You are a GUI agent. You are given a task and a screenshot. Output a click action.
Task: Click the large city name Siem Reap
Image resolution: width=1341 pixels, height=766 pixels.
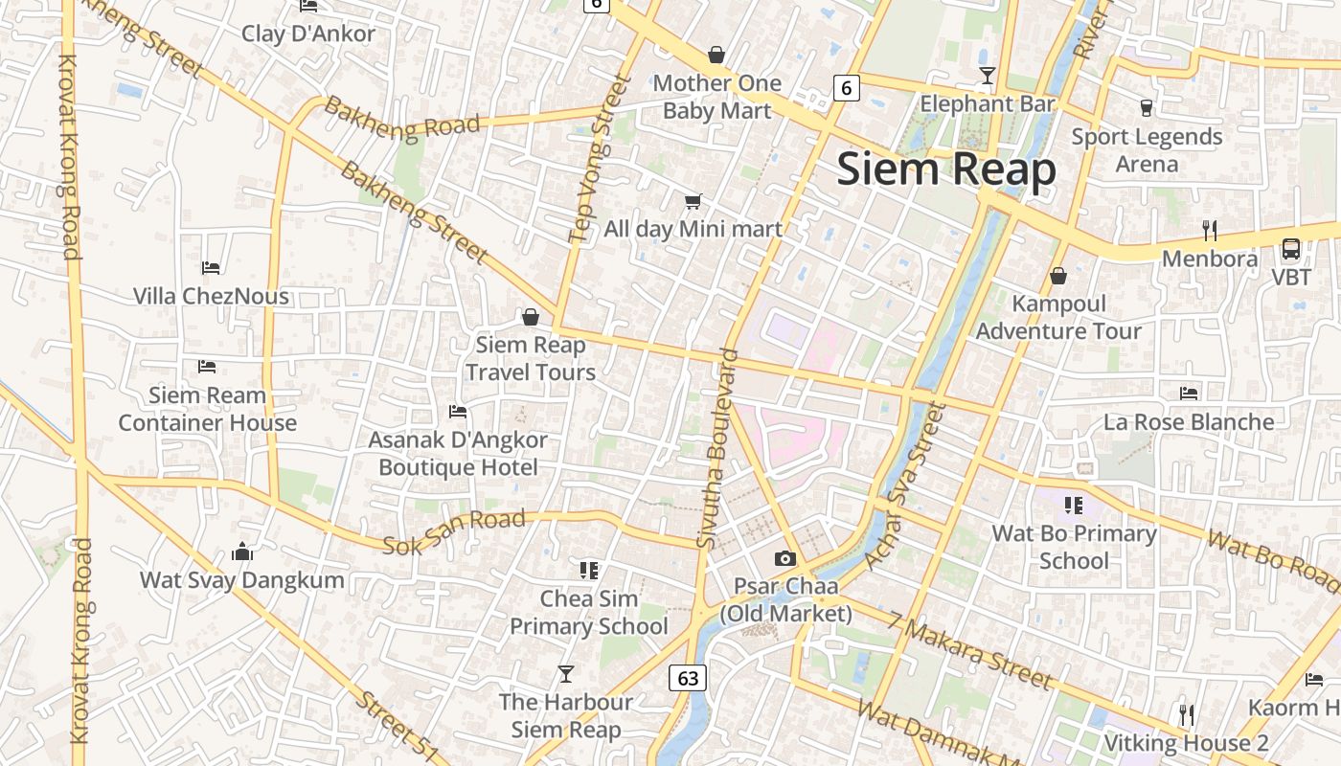point(946,169)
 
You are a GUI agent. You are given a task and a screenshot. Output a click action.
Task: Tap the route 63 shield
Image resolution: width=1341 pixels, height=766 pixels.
point(688,678)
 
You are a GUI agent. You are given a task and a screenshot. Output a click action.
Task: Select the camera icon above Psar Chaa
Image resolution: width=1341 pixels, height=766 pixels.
point(785,558)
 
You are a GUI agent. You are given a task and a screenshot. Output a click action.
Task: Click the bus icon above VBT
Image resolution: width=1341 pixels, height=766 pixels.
point(1291,249)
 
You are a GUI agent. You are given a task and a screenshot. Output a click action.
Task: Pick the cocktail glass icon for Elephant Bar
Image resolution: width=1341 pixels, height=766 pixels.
point(988,75)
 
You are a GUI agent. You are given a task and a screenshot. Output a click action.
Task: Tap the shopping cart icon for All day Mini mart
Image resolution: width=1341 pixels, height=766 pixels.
point(693,201)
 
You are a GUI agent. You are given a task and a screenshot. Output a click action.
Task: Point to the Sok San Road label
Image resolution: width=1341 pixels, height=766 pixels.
point(454,533)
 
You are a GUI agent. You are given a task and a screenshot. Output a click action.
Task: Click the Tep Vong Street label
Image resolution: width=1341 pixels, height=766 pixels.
point(595,159)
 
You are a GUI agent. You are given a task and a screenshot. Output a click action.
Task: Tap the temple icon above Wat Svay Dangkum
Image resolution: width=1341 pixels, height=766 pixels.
point(242,552)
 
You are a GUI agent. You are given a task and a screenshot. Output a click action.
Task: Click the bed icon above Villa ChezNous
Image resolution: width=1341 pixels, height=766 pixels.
point(211,267)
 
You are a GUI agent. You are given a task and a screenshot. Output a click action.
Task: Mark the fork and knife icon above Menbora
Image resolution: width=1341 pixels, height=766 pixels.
point(1210,230)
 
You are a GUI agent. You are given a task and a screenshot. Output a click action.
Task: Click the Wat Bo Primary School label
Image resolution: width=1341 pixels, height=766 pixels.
point(1074,547)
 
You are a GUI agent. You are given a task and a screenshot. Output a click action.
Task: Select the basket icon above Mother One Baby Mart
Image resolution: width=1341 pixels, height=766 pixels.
point(716,55)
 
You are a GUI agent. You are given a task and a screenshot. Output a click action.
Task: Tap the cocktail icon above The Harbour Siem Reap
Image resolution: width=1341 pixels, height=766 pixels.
point(566,674)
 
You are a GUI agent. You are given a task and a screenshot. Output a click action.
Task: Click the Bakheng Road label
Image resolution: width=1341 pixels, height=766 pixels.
point(401,118)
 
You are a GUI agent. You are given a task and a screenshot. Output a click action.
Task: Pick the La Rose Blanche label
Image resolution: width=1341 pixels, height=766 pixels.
point(1189,421)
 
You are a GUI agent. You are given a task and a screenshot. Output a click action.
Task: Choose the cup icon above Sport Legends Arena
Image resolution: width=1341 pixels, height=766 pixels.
point(1147,107)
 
